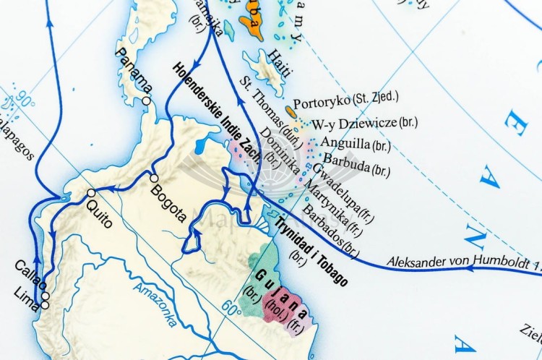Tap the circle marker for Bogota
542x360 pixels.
(x=153, y=178)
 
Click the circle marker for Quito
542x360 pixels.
(x=91, y=193)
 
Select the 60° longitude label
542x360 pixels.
(x=231, y=308)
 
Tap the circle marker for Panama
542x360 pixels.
(x=147, y=101)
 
